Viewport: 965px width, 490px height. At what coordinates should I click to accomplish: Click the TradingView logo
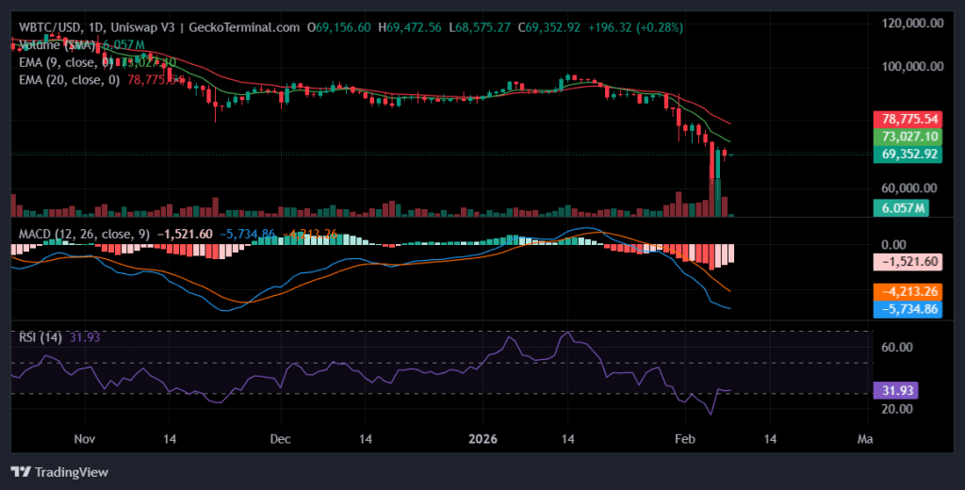(x=60, y=471)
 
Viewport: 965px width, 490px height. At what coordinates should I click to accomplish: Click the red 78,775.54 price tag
(x=909, y=120)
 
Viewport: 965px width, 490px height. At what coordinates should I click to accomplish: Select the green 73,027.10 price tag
(x=909, y=137)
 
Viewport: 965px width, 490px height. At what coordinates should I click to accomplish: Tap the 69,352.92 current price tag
(x=909, y=154)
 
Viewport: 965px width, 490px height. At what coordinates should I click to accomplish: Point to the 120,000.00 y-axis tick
(x=912, y=24)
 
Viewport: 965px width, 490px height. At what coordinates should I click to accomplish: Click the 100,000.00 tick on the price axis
(x=912, y=67)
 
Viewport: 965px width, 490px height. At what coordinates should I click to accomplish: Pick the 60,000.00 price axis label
(x=912, y=188)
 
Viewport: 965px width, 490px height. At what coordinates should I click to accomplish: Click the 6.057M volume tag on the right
(x=903, y=207)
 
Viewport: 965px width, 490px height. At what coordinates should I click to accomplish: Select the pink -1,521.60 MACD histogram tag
(x=909, y=261)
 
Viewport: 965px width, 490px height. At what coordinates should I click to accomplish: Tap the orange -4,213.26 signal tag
(x=909, y=291)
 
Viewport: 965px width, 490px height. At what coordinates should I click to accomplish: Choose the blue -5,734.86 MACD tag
(x=909, y=308)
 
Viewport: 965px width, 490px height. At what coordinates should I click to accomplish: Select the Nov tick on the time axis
(x=86, y=439)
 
